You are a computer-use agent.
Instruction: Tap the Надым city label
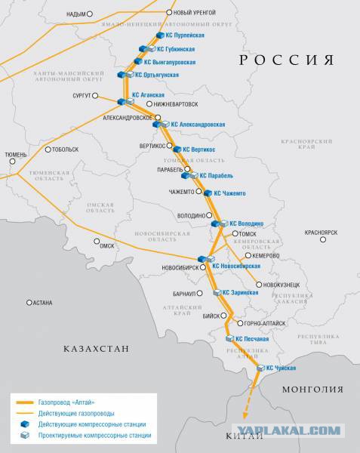pyautogui.click(x=75, y=14)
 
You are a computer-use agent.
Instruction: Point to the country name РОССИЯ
pyautogui.click(x=285, y=60)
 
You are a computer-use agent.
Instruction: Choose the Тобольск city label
pyautogui.click(x=63, y=149)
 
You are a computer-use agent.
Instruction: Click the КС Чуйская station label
pyautogui.click(x=281, y=368)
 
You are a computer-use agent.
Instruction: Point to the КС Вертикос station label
pyautogui.click(x=198, y=149)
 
